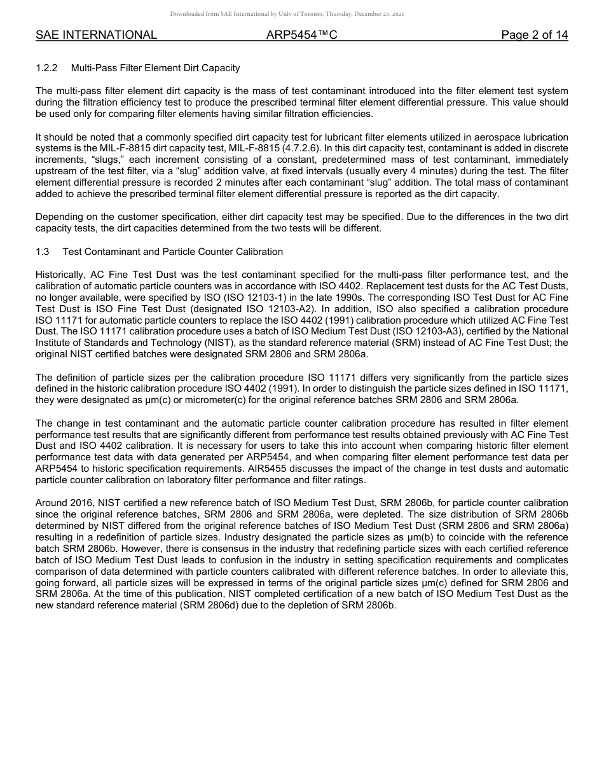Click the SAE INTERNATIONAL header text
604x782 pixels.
[x=96, y=35]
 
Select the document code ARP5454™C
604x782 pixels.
[x=301, y=35]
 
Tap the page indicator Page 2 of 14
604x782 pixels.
[x=534, y=35]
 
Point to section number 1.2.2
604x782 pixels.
[x=47, y=67]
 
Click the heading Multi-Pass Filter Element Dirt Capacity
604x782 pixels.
[x=155, y=67]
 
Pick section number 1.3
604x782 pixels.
[x=43, y=252]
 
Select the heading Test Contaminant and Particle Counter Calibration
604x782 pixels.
[x=172, y=252]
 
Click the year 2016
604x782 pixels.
[x=78, y=504]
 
